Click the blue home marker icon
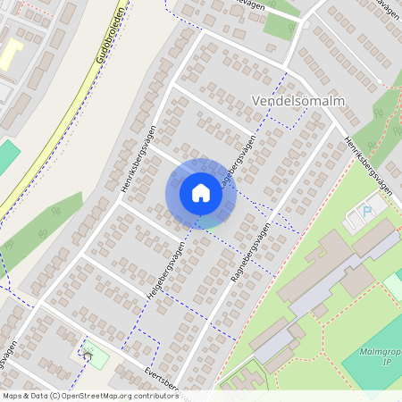coord(201,192)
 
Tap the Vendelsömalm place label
coord(299,101)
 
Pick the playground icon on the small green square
coord(88,353)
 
